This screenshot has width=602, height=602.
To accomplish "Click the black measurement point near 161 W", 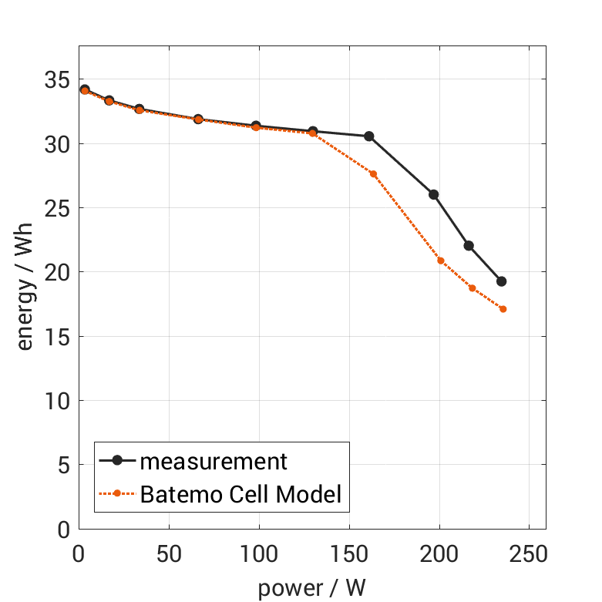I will pos(368,136).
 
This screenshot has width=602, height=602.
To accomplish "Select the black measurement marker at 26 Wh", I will pos(434,194).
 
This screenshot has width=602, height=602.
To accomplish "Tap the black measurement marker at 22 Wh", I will pos(469,246).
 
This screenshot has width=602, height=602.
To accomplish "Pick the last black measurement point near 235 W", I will pos(501,281).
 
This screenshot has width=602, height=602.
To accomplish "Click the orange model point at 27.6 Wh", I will pos(373,174).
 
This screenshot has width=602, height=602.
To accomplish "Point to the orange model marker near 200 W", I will pos(441,261).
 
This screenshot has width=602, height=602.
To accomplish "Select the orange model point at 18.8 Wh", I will pos(472,288).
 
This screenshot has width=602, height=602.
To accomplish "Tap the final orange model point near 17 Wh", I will pos(503,309).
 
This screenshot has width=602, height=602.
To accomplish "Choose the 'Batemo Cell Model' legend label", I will pos(240,493).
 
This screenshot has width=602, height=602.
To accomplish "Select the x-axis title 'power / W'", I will pos(311,588).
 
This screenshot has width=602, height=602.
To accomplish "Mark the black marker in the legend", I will pos(117,461).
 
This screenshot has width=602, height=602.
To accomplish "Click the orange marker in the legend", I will pos(117,493).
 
